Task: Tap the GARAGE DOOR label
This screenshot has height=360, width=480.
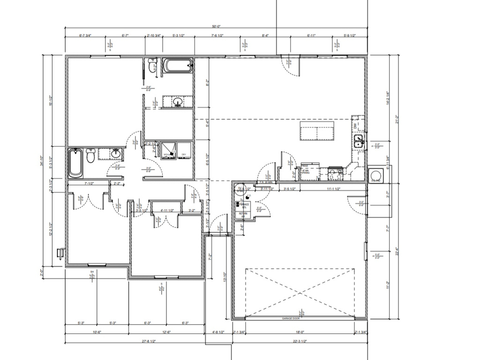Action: (290, 319)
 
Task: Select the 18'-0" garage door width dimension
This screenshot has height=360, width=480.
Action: (300, 332)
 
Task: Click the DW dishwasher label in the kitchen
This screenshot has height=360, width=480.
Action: (355, 126)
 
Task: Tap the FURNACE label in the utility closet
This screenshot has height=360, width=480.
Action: (244, 204)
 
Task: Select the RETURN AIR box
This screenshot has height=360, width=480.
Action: (243, 214)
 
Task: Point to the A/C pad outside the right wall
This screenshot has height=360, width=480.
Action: (375, 175)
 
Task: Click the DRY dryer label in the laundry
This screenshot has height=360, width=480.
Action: (184, 154)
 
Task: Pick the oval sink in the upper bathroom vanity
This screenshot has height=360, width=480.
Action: (178, 101)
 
